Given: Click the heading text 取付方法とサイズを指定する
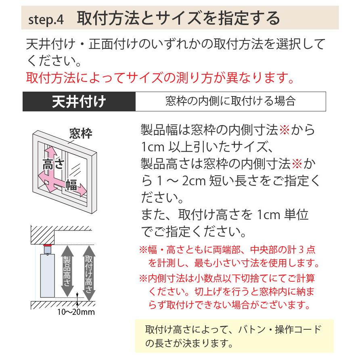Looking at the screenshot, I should (x=178, y=19).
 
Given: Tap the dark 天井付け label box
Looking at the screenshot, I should (x=79, y=101).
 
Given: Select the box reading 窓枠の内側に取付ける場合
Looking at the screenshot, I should (x=230, y=101).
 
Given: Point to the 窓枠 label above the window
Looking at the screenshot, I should (x=81, y=133).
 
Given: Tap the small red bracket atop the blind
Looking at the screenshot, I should (x=47, y=246).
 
